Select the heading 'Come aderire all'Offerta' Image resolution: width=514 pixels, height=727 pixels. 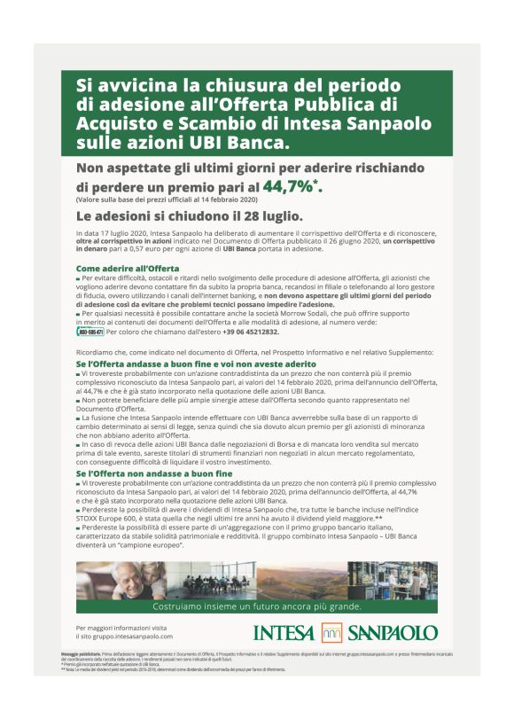[x=128, y=267]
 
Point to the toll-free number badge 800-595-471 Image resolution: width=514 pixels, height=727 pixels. [x=90, y=332]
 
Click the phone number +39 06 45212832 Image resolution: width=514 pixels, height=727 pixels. [x=251, y=332]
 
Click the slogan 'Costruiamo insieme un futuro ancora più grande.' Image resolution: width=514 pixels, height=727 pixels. [x=257, y=606]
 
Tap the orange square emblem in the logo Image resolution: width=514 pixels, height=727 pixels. [x=331, y=633]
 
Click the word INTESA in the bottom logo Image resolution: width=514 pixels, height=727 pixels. [x=284, y=633]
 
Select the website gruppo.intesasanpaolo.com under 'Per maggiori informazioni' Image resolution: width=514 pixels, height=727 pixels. [x=125, y=637]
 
